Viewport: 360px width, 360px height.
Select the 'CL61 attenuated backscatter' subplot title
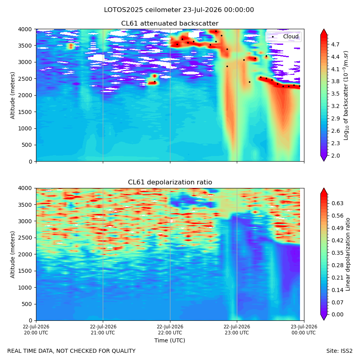click(x=170, y=24)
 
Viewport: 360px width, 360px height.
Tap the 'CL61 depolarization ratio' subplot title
click(x=170, y=182)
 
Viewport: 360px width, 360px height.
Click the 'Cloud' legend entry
click(x=291, y=36)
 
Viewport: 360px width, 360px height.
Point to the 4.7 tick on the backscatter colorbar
click(x=335, y=44)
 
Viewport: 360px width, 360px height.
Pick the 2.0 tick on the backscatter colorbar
click(x=335, y=156)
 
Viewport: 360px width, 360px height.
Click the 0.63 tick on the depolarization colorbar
click(x=337, y=203)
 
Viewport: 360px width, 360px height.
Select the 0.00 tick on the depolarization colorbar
click(x=337, y=314)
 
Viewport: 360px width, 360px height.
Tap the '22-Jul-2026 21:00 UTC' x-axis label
click(x=103, y=330)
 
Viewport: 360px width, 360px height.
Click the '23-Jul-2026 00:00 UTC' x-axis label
click(x=304, y=330)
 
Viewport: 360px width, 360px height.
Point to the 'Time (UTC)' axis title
click(x=170, y=340)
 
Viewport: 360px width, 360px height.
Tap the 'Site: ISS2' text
click(x=339, y=351)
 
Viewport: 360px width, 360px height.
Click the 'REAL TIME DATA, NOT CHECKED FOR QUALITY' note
click(x=72, y=351)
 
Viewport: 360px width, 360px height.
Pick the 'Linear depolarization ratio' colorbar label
click(x=348, y=254)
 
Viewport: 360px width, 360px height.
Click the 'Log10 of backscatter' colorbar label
click(x=346, y=95)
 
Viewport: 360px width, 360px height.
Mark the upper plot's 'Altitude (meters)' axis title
click(x=12, y=95)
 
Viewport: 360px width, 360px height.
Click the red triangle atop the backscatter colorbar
click(x=324, y=32)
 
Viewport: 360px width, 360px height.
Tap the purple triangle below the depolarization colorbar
click(x=324, y=317)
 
